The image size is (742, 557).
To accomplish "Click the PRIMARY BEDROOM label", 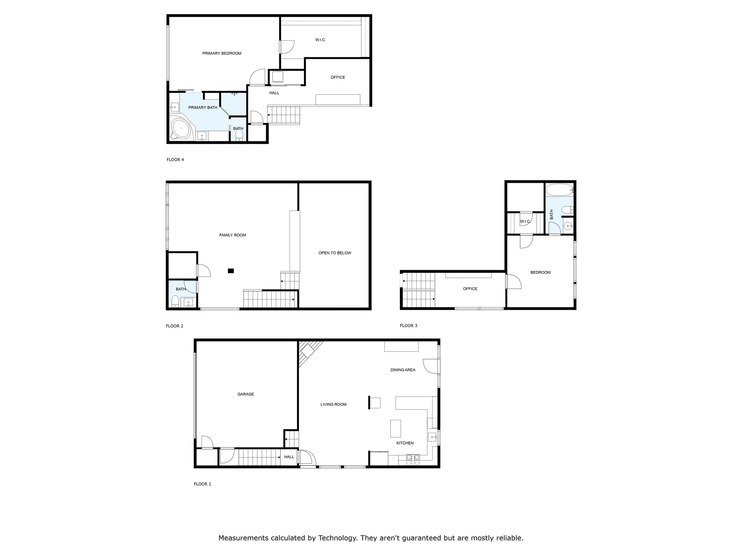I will tap(222, 53).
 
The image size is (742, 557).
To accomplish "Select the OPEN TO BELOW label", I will tap(334, 253).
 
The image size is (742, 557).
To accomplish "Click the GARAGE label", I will tap(245, 394).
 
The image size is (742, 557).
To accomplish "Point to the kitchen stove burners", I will tap(413, 460).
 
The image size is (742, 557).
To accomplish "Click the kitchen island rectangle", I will tap(395, 428).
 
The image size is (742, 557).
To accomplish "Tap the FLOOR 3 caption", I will tap(408, 326).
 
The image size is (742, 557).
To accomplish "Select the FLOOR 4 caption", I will tap(175, 160).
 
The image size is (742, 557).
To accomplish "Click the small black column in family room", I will tap(231, 271).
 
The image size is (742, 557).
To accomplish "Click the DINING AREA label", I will tap(403, 370).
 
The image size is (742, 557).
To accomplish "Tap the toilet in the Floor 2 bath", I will tap(175, 301).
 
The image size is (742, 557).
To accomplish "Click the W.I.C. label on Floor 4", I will tap(320, 40).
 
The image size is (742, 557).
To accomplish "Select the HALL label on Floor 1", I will tap(289, 457).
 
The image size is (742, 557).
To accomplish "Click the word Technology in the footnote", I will tap(337, 538).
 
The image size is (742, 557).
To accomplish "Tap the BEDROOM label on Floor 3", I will tap(540, 272).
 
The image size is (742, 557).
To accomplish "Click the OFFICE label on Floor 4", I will tap(338, 77).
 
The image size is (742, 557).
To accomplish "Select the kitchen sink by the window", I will tap(432, 437).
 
